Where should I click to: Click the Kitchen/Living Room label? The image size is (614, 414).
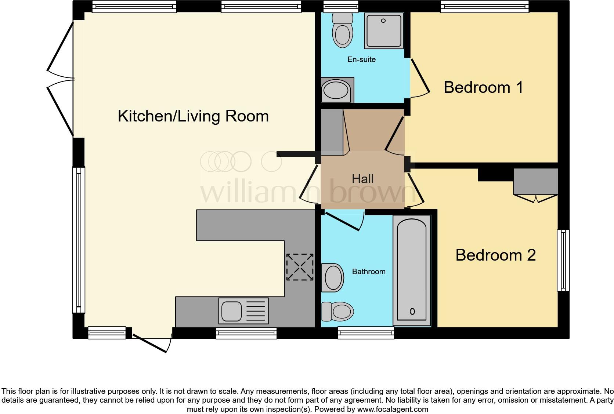[193, 116]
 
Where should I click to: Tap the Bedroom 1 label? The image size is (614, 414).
[483, 88]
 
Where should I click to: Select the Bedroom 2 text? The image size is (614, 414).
[495, 255]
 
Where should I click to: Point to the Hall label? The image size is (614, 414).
[362, 179]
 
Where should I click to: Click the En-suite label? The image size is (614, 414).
[361, 59]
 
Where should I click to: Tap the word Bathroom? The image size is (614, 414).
[368, 272]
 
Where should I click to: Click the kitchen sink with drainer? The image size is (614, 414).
[243, 311]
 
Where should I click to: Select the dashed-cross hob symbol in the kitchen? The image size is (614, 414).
[300, 267]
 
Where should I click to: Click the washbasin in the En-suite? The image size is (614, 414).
[336, 90]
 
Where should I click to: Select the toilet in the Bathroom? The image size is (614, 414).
[337, 312]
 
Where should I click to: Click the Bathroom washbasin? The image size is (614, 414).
[333, 277]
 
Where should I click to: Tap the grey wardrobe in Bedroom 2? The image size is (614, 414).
[535, 182]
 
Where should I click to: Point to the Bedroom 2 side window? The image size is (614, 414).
[563, 260]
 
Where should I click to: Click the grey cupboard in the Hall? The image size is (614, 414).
[333, 131]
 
